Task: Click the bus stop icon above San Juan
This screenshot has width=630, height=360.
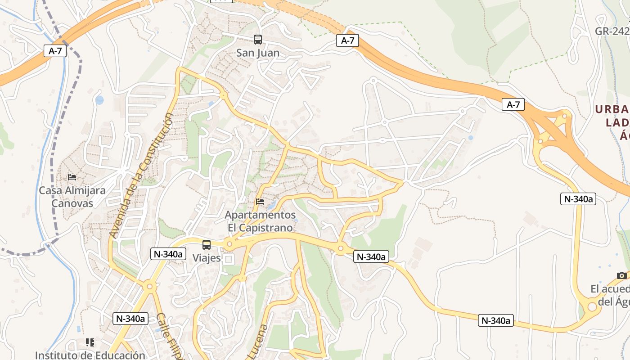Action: (x=258, y=40)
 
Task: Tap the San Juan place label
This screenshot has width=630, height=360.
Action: (x=258, y=53)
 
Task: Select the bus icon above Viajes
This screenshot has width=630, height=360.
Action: (x=207, y=245)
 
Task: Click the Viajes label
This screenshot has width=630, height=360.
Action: (x=207, y=258)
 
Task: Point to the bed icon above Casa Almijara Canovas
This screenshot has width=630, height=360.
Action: (x=72, y=177)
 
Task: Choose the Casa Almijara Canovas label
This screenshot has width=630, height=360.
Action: (x=72, y=197)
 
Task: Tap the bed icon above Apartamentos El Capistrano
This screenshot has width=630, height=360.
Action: (x=260, y=202)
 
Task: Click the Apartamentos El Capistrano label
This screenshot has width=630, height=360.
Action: (x=260, y=221)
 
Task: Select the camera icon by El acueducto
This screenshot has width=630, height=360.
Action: (x=622, y=275)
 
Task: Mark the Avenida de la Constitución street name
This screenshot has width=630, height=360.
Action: (x=141, y=175)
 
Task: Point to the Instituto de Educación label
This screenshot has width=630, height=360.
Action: (x=90, y=355)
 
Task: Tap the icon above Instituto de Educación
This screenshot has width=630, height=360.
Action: (x=90, y=342)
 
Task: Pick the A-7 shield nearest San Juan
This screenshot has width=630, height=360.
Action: (x=347, y=40)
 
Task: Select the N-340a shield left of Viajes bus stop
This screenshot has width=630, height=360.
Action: (x=168, y=254)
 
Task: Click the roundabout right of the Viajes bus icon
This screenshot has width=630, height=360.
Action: (x=229, y=245)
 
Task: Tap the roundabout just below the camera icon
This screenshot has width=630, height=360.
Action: (x=592, y=307)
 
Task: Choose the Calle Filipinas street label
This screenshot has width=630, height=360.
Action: (x=170, y=335)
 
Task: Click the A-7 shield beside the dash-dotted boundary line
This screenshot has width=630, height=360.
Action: (x=55, y=51)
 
